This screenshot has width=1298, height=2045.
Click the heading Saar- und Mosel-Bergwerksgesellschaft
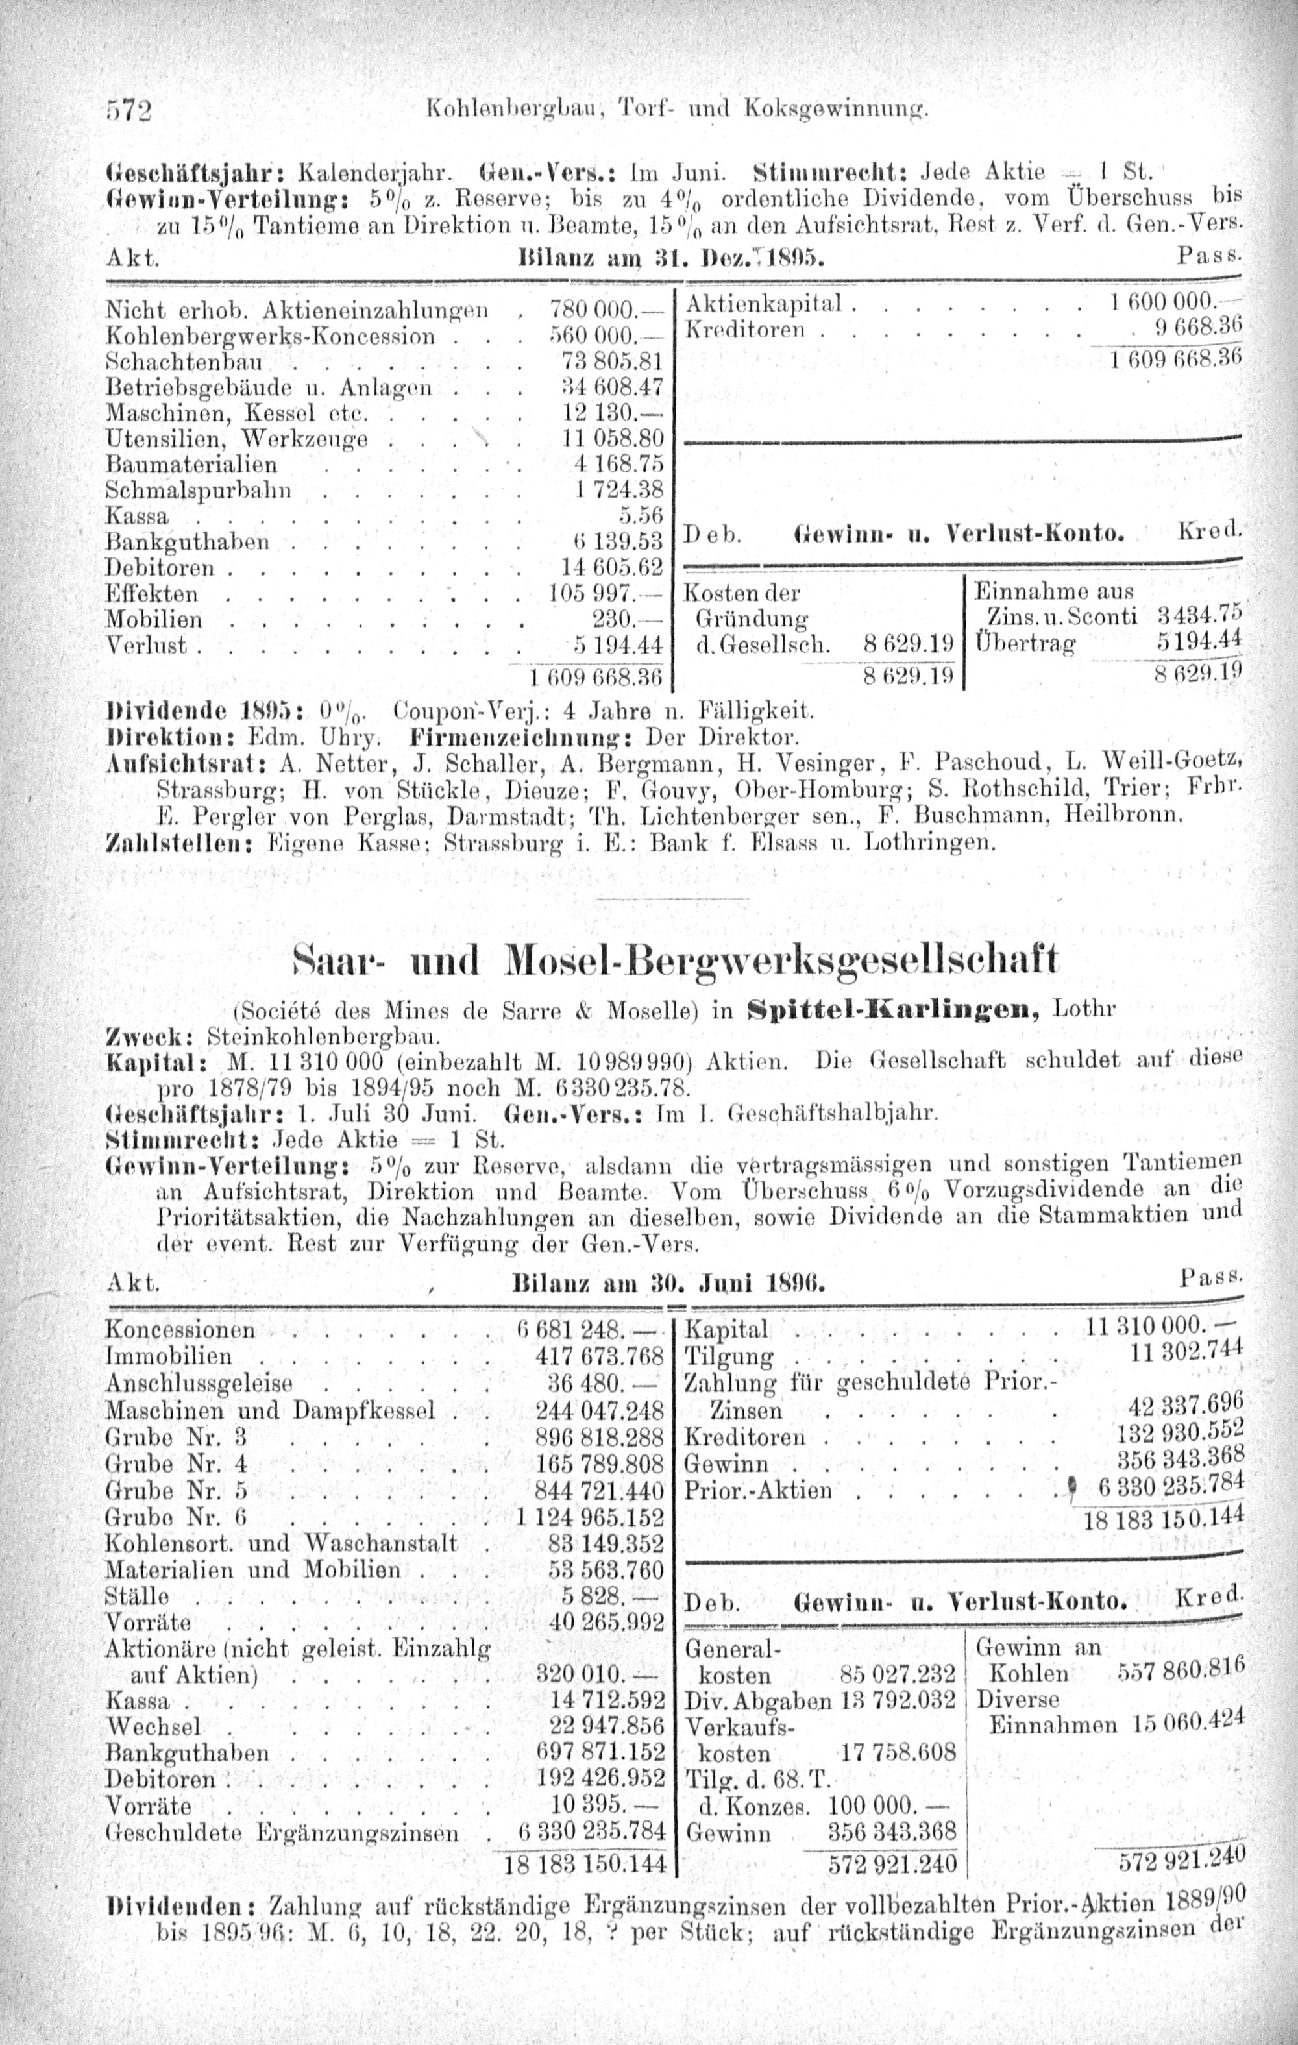(676, 960)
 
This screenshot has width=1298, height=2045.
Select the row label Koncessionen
(180, 1329)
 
